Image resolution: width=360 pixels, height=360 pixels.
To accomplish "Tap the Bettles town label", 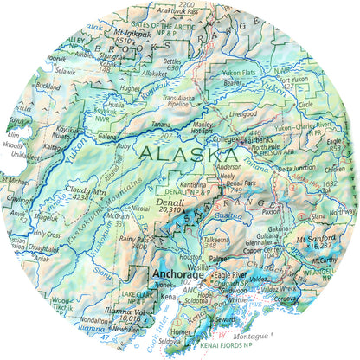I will [x=172, y=62].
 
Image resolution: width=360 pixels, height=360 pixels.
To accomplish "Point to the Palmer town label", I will [x=222, y=257].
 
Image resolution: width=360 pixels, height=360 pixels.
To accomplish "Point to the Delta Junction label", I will [x=292, y=168].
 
